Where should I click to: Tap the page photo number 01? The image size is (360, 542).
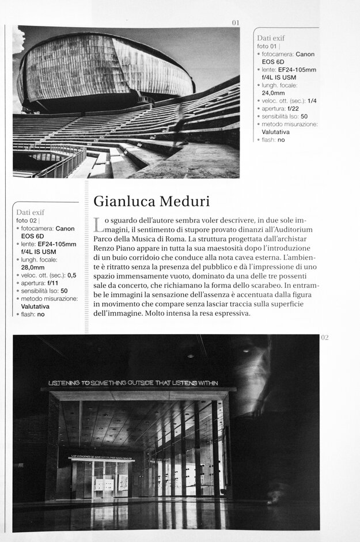pyautogui.click(x=235, y=22)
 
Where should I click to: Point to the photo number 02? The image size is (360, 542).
pyautogui.click(x=324, y=338)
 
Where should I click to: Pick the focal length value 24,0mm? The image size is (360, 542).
pyautogui.click(x=273, y=92)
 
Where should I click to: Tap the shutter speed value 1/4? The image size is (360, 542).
pyautogui.click(x=313, y=100)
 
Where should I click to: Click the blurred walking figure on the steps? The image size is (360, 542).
pyautogui.click(x=179, y=124)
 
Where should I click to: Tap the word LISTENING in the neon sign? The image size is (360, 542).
pyautogui.click(x=69, y=382)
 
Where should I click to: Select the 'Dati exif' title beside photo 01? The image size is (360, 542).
pyautogui.click(x=271, y=37)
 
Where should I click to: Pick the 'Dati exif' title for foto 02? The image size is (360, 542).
pyautogui.click(x=31, y=212)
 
